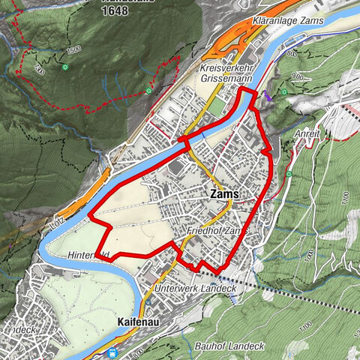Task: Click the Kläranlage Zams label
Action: [288, 20]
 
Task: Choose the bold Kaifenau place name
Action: [140, 321]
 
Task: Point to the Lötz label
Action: [55, 222]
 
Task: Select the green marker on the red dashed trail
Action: [148, 91]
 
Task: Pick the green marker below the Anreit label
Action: [289, 174]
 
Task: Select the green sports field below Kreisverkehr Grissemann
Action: [217, 105]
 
